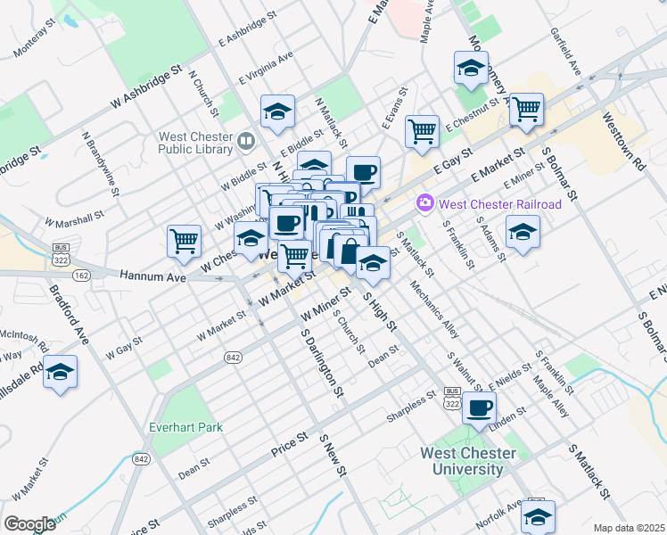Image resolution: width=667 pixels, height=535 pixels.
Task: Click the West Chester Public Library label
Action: [x=195, y=143]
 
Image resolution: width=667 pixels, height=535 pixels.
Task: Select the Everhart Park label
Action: [x=185, y=427]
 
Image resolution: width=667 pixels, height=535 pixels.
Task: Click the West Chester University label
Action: [x=468, y=461]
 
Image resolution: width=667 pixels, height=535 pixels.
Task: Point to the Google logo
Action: [x=29, y=523]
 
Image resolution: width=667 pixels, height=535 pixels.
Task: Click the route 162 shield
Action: [x=81, y=275]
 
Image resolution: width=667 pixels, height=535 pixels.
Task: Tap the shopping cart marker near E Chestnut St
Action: [x=527, y=110]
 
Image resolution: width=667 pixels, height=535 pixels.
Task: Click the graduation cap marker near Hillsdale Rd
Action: [x=60, y=372]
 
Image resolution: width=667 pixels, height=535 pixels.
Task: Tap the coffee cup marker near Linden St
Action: [x=480, y=408]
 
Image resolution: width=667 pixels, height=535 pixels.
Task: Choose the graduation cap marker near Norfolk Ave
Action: [x=538, y=516]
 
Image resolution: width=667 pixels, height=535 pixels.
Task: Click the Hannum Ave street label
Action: [x=152, y=277]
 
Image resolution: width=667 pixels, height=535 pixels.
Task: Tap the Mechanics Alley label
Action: [x=434, y=309]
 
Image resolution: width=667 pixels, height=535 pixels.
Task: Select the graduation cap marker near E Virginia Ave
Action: [x=278, y=112]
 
